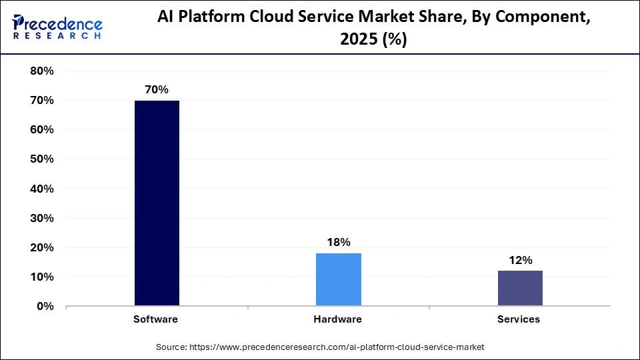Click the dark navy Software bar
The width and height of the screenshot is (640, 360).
157,203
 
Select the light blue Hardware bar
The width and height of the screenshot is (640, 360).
338,279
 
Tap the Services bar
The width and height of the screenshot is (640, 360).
519,288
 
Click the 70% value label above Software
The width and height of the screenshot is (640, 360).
157,89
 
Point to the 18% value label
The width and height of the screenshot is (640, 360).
338,242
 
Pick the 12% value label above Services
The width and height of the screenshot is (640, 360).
519,260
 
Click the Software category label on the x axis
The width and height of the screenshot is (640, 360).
155,319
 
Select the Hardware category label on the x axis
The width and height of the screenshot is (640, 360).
337,319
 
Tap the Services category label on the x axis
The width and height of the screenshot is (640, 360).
519,319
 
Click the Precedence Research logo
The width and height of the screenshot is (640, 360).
57,27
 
